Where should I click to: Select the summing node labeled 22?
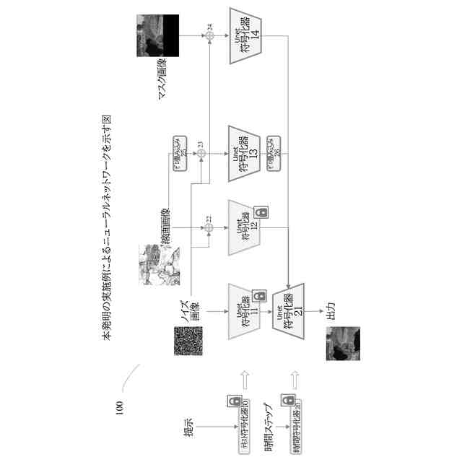point(209,228)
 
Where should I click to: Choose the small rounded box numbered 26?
point(273,152)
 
